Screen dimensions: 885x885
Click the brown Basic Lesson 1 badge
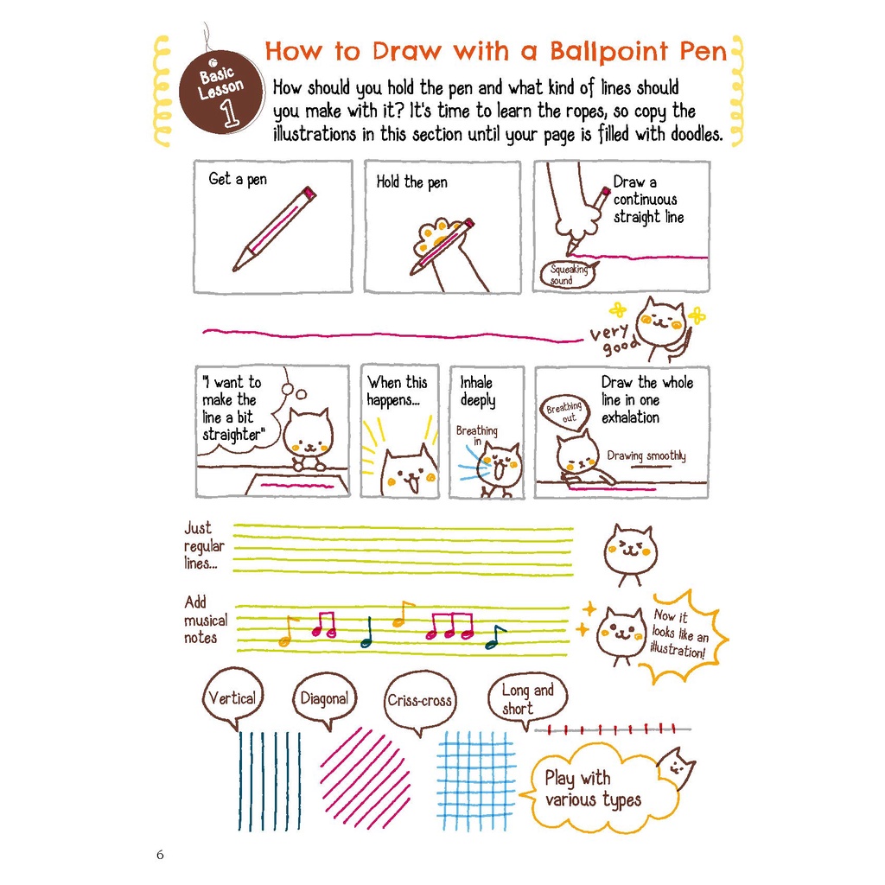click(221, 92)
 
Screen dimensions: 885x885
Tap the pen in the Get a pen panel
click(274, 228)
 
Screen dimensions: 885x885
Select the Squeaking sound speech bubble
click(568, 275)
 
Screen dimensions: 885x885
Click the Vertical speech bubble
click(232, 698)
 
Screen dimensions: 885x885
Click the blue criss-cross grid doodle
click(476, 781)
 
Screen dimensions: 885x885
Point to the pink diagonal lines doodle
click(365, 779)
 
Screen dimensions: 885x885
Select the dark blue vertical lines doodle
click(270, 781)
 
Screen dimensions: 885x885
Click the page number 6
click(160, 855)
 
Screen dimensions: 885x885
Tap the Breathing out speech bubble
click(565, 413)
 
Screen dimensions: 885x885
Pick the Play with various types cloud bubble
click(598, 788)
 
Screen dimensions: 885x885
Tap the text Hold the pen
click(412, 182)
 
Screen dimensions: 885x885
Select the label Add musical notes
click(206, 620)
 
